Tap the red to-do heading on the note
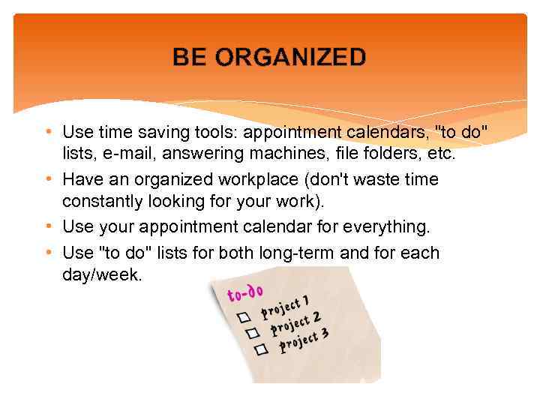click(245, 292)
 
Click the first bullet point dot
click(48, 133)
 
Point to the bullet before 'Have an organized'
click(48, 180)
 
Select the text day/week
click(101, 274)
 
